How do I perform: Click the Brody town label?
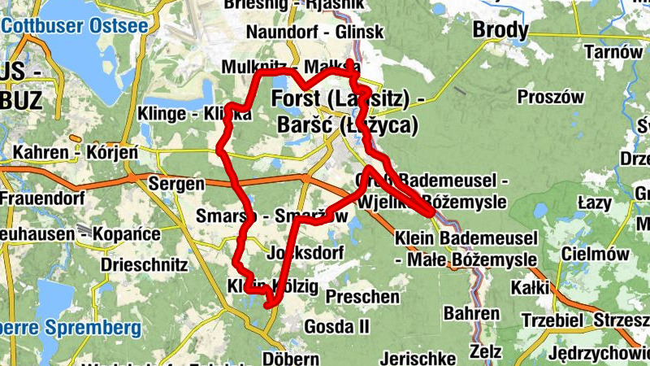[500, 31]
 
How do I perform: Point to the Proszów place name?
[551, 96]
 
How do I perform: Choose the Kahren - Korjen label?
[76, 152]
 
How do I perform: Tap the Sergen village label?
[176, 184]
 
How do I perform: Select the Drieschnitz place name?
[145, 265]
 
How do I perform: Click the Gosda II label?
[337, 326]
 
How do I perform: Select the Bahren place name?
[471, 313]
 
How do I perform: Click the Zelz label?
[486, 352]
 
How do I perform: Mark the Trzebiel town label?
[552, 320]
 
